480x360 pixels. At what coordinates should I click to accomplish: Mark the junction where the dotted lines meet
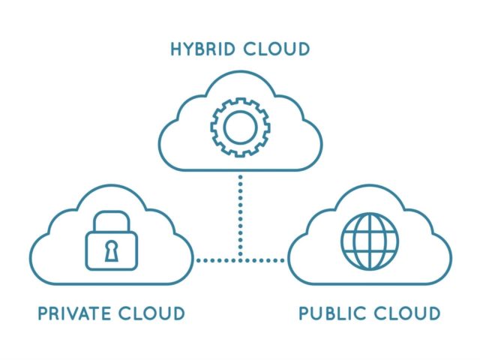tap(240, 260)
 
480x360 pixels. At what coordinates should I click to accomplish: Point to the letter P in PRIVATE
tap(43, 313)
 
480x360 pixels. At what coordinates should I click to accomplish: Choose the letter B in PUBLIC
tap(334, 313)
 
